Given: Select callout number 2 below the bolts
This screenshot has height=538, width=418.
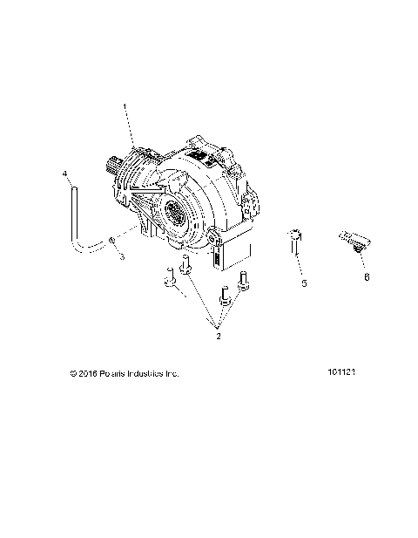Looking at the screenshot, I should click(218, 335).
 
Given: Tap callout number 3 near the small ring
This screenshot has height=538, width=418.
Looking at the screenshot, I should click(123, 257).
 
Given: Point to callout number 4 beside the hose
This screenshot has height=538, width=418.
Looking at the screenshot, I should click(64, 174).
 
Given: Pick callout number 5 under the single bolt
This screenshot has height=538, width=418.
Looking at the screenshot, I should click(304, 283).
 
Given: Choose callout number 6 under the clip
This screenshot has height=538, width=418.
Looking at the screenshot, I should click(366, 276).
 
